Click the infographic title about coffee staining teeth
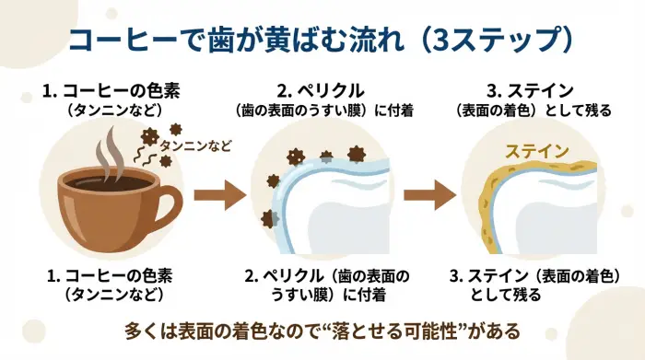[x=322, y=40]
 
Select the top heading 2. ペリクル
[x=320, y=90]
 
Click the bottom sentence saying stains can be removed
[x=322, y=329]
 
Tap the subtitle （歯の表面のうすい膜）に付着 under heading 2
[x=322, y=110]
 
